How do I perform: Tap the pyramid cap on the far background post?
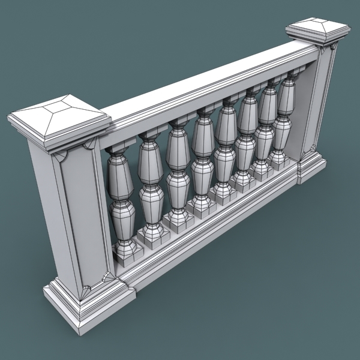pos(317,31)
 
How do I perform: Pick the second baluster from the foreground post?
pos(151,186)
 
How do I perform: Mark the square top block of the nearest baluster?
pos(114,147)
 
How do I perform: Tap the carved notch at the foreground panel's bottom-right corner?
pos(107,277)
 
